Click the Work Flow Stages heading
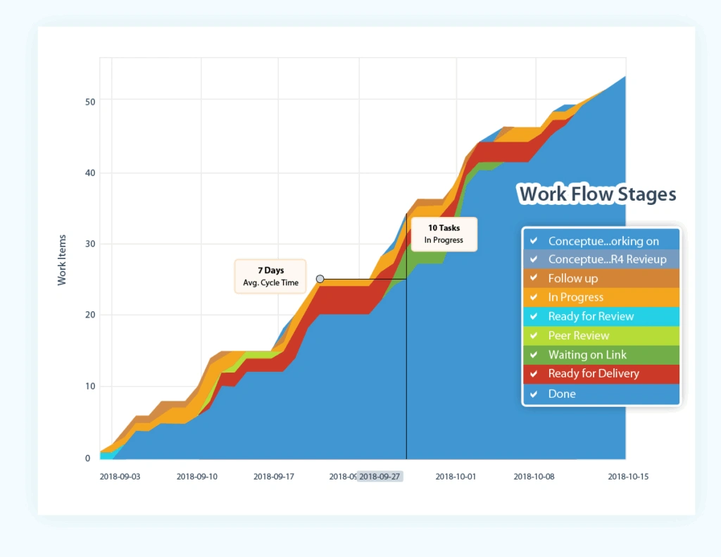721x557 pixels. click(x=597, y=194)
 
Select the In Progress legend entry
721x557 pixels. click(x=575, y=297)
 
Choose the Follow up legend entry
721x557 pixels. click(x=572, y=278)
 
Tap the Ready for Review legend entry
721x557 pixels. click(x=591, y=316)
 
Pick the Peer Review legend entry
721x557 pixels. click(x=578, y=335)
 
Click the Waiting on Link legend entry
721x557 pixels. click(x=587, y=355)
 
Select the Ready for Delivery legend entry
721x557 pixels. click(x=593, y=374)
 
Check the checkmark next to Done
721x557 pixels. click(x=534, y=394)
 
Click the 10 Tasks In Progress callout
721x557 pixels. click(x=444, y=234)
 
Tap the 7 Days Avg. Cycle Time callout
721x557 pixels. click(x=270, y=276)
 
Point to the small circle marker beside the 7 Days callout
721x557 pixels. click(x=320, y=279)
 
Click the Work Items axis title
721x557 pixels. click(x=62, y=260)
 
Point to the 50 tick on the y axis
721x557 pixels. click(x=89, y=101)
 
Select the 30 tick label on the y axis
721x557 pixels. click(x=89, y=244)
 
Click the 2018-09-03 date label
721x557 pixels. click(x=120, y=477)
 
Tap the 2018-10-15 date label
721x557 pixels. click(x=628, y=477)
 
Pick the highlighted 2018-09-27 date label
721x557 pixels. click(x=380, y=477)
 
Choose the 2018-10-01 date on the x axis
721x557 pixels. click(x=456, y=477)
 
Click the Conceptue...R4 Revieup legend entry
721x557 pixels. click(x=606, y=259)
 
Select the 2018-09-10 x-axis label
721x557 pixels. click(x=197, y=477)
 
